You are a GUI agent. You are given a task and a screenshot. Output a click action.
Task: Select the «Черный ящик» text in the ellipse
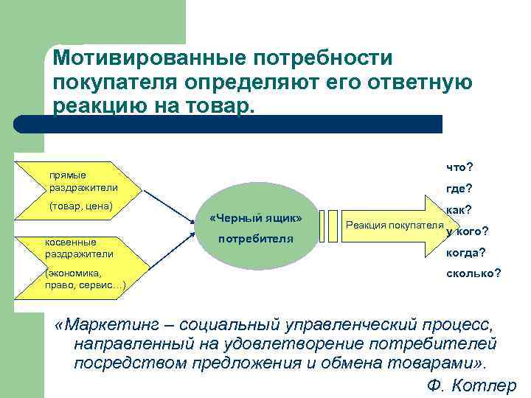[x=255, y=219]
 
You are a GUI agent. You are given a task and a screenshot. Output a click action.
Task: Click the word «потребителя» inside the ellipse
[x=255, y=240]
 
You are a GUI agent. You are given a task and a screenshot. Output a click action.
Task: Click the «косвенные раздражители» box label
[x=79, y=248]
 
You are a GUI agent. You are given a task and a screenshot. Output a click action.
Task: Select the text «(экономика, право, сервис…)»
[x=83, y=278]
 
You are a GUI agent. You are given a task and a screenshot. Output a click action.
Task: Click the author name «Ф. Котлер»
[x=471, y=386]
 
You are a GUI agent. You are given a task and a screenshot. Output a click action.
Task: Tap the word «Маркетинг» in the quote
[x=119, y=324]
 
